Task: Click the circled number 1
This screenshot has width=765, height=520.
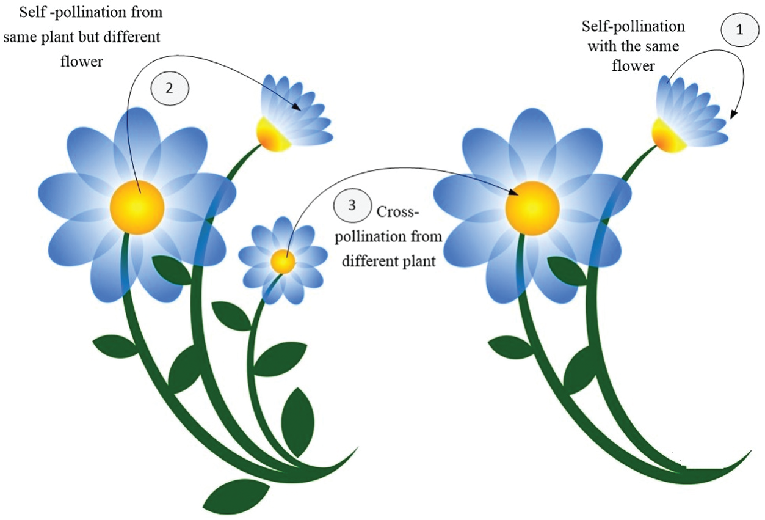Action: pyautogui.click(x=739, y=31)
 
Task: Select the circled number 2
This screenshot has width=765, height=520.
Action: pyautogui.click(x=170, y=87)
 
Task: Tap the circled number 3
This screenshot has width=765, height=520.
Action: pyautogui.click(x=352, y=206)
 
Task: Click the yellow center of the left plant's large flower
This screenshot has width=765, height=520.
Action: pyautogui.click(x=137, y=207)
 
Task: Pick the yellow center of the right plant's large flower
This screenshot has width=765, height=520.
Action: pyautogui.click(x=532, y=208)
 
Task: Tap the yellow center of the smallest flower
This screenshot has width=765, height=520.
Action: pyautogui.click(x=283, y=262)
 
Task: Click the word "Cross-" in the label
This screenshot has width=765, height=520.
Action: pyautogui.click(x=399, y=213)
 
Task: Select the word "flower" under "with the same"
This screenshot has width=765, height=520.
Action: pyautogui.click(x=633, y=67)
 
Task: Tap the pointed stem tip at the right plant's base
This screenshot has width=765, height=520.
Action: pyautogui.click(x=748, y=455)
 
